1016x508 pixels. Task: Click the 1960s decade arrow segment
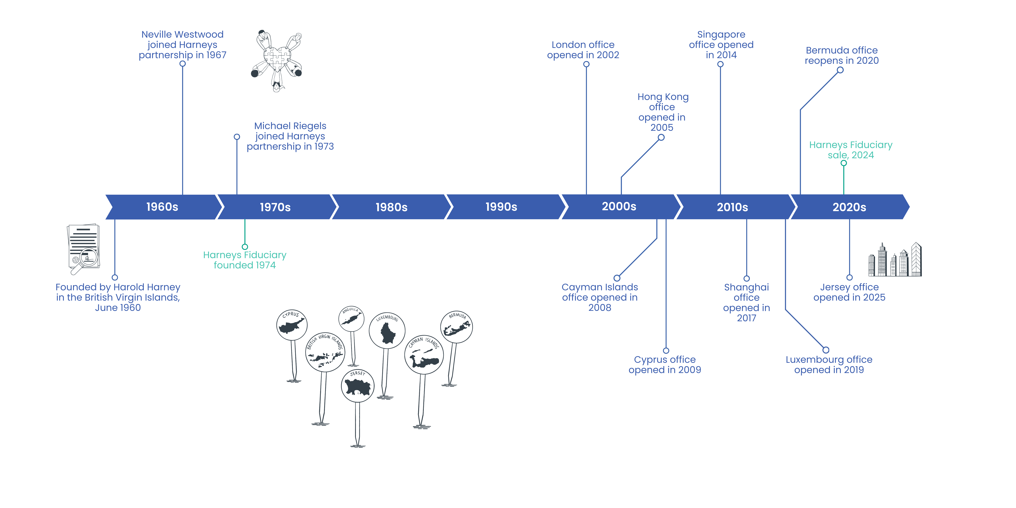[x=162, y=207]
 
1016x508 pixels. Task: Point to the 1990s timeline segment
[x=501, y=207]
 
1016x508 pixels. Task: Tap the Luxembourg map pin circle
[x=387, y=331]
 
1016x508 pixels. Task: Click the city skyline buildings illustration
[x=895, y=260]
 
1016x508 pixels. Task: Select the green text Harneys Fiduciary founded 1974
[x=245, y=260]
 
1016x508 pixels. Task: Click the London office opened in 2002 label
[x=583, y=50]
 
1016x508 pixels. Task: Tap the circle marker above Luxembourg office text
[x=826, y=350]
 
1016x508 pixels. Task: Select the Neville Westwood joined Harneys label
[x=182, y=45]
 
